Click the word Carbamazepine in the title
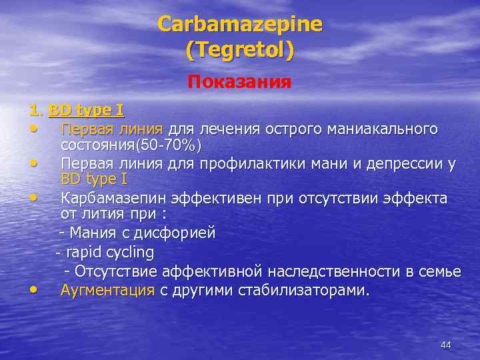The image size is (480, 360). pos(240,25)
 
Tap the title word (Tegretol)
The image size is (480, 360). pos(240,50)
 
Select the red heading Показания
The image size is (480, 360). pos(239,82)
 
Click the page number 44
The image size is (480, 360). pos(446,345)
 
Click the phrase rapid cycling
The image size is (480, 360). pos(110,253)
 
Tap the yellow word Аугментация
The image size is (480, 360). pos(107,290)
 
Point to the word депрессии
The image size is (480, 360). pos(403,163)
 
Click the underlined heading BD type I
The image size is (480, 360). pos(86,109)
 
